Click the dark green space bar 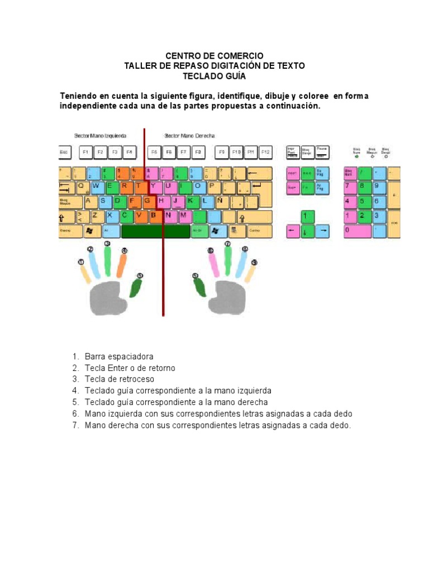pos(155,231)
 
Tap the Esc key pos(65,152)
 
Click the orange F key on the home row pos(133,201)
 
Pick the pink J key pos(177,201)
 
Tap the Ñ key pos(220,201)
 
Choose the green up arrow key pos(306,216)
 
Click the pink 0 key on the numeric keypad pos(357,230)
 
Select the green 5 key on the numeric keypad pos(364,201)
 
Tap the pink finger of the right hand pos(212,263)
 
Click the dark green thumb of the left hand pos(135,287)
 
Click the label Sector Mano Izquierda pos(100,136)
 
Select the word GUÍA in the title pos(231,76)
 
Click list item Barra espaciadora pos(119,356)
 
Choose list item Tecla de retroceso pos(120,379)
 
